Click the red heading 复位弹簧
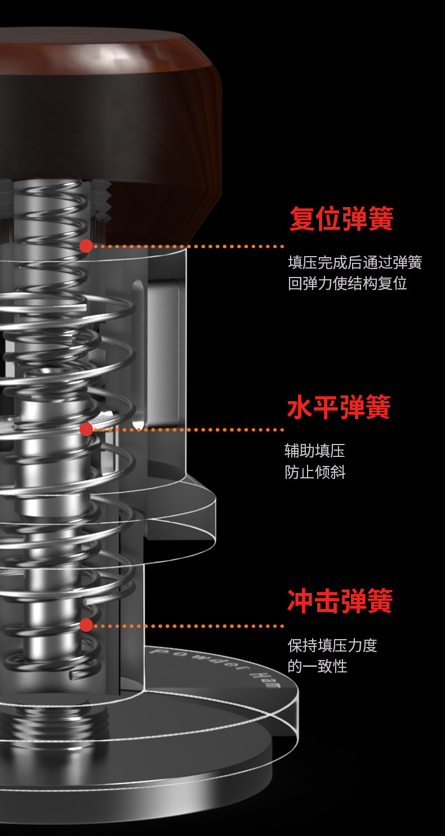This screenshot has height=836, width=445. click(x=341, y=219)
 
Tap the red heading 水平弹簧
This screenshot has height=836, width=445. click(x=339, y=407)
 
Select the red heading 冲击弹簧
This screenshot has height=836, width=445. click(x=340, y=601)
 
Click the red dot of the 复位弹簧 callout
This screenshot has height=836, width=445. click(x=86, y=246)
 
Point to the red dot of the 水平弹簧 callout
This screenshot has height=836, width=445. click(x=86, y=429)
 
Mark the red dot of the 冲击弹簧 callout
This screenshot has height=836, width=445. click(x=86, y=625)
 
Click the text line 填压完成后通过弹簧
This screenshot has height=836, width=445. click(x=355, y=262)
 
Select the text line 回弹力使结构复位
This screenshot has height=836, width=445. click(x=348, y=283)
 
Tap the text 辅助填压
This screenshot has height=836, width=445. click(x=314, y=451)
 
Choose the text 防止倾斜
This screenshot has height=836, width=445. click(x=315, y=472)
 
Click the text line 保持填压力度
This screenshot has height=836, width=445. click(x=332, y=645)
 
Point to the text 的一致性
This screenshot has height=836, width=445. click(x=317, y=666)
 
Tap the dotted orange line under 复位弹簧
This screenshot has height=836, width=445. click(x=189, y=247)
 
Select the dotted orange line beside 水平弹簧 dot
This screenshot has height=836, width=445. click(x=189, y=430)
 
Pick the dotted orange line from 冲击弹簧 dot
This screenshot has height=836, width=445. click(x=189, y=626)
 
